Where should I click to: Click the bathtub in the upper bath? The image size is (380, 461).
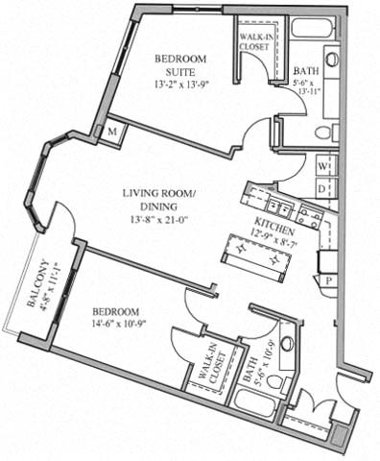click(x=311, y=28)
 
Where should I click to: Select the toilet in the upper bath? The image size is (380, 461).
click(x=323, y=133)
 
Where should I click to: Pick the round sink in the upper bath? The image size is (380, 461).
click(x=330, y=60)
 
